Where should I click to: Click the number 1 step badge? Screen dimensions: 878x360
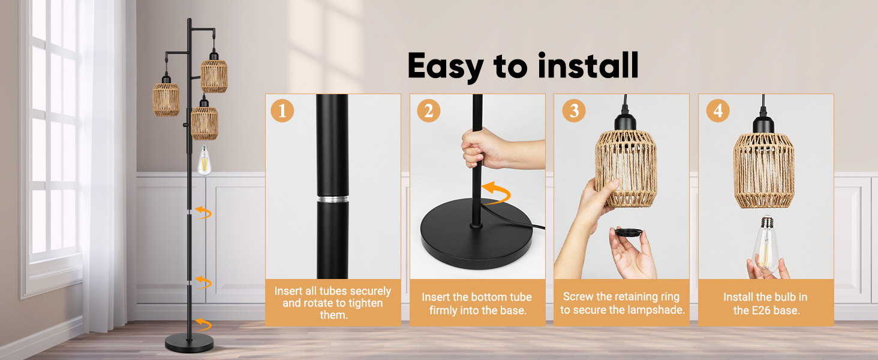click(282, 110)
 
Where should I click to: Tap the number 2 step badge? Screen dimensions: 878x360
click(428, 110)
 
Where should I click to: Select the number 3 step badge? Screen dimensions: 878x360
click(574, 110)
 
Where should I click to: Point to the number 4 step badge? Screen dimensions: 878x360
click(718, 110)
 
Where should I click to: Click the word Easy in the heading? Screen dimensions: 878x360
click(446, 67)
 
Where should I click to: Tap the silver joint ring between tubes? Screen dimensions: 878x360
click(333, 199)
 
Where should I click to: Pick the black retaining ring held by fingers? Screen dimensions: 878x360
click(629, 232)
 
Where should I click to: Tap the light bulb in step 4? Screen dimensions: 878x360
click(765, 243)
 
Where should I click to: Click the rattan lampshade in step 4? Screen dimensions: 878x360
click(763, 170)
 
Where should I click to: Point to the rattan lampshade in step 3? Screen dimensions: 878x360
click(626, 169)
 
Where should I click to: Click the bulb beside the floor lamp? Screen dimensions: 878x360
click(205, 160)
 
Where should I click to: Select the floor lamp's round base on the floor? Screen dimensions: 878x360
click(190, 343)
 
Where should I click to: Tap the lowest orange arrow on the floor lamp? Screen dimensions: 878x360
click(203, 324)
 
